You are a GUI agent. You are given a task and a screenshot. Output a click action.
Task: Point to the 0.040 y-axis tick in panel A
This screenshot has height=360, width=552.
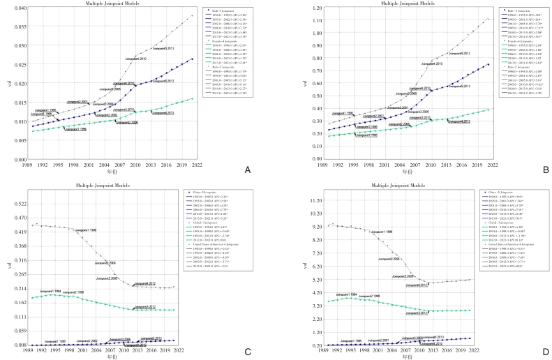19,8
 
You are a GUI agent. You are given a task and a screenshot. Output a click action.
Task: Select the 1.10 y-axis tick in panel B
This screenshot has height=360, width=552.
297,8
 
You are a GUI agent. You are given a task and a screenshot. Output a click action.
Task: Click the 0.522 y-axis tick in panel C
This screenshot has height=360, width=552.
19,204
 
